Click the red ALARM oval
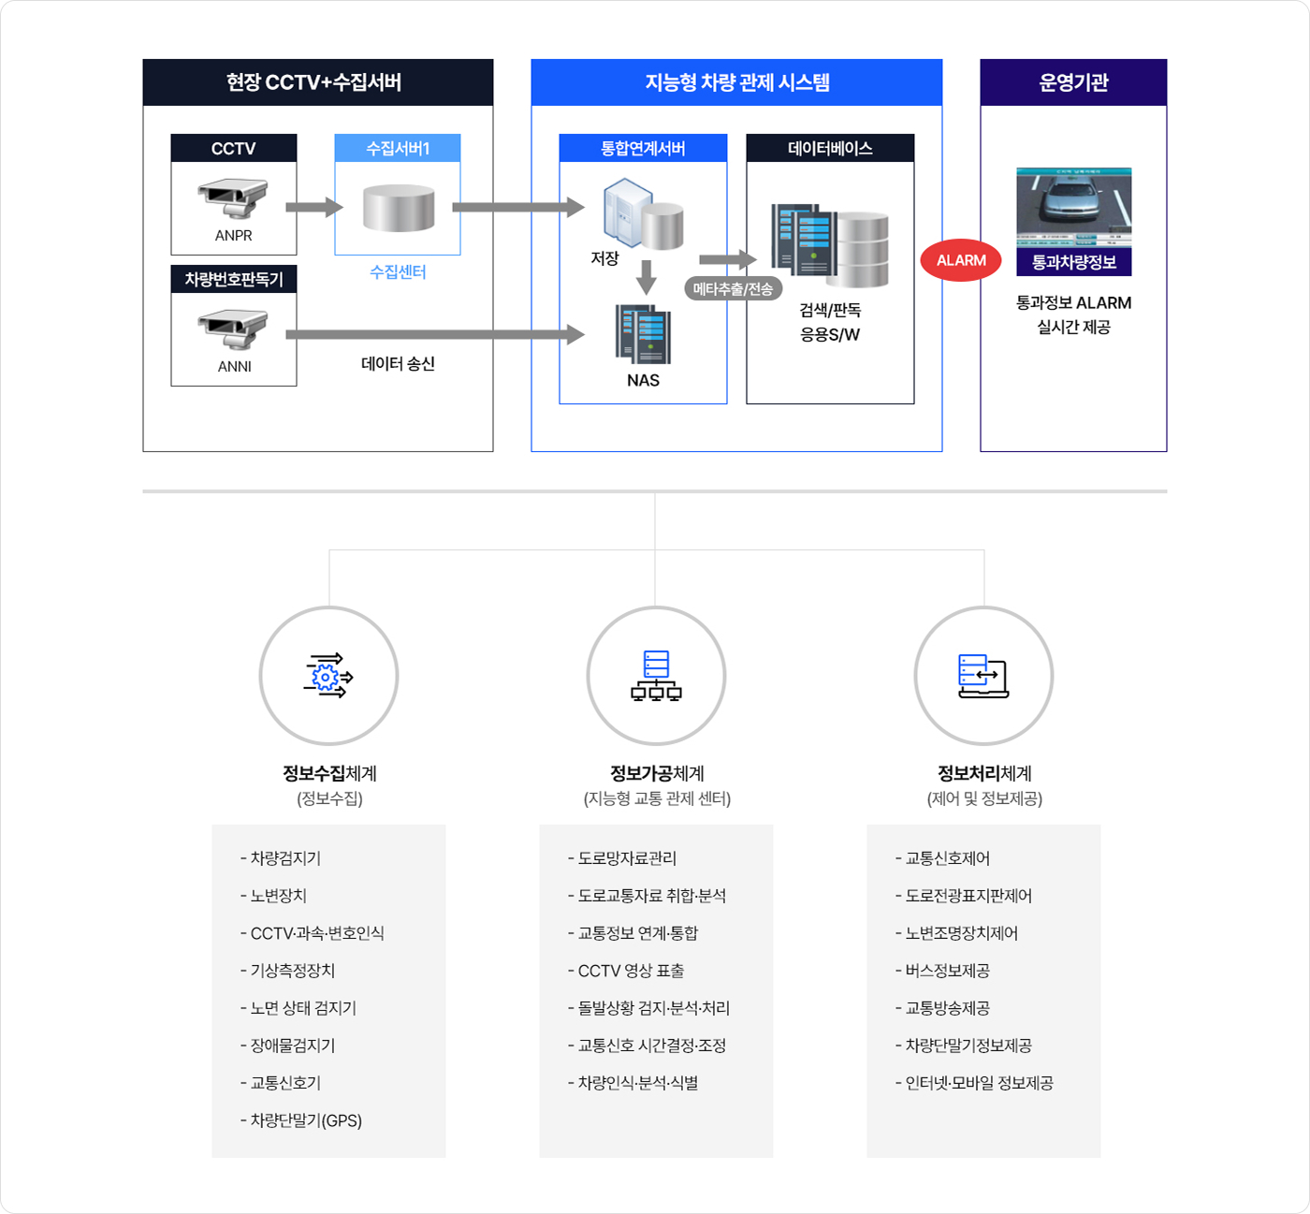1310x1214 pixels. pos(961,261)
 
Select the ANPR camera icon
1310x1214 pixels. pos(233,197)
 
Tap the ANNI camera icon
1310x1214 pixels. pos(233,329)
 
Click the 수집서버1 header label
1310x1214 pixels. pos(398,148)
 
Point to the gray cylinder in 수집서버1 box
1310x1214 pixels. pos(399,208)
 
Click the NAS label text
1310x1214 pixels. pos(643,380)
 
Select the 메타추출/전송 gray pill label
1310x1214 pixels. pos(733,289)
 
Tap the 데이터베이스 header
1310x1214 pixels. pos(830,148)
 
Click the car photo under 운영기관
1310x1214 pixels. pos(1073,208)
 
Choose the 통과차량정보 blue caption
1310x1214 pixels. pos(1073,262)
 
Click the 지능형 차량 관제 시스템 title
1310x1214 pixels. pos(736,82)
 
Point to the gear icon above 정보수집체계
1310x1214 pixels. pos(327,676)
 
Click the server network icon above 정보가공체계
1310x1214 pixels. pos(656,676)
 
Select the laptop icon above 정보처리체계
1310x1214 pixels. pos(983,676)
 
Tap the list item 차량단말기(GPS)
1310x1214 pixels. pos(305,1120)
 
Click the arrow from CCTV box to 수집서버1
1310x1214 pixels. pos(314,208)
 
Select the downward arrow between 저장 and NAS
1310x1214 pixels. pos(646,277)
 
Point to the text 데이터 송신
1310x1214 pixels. pos(398,364)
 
